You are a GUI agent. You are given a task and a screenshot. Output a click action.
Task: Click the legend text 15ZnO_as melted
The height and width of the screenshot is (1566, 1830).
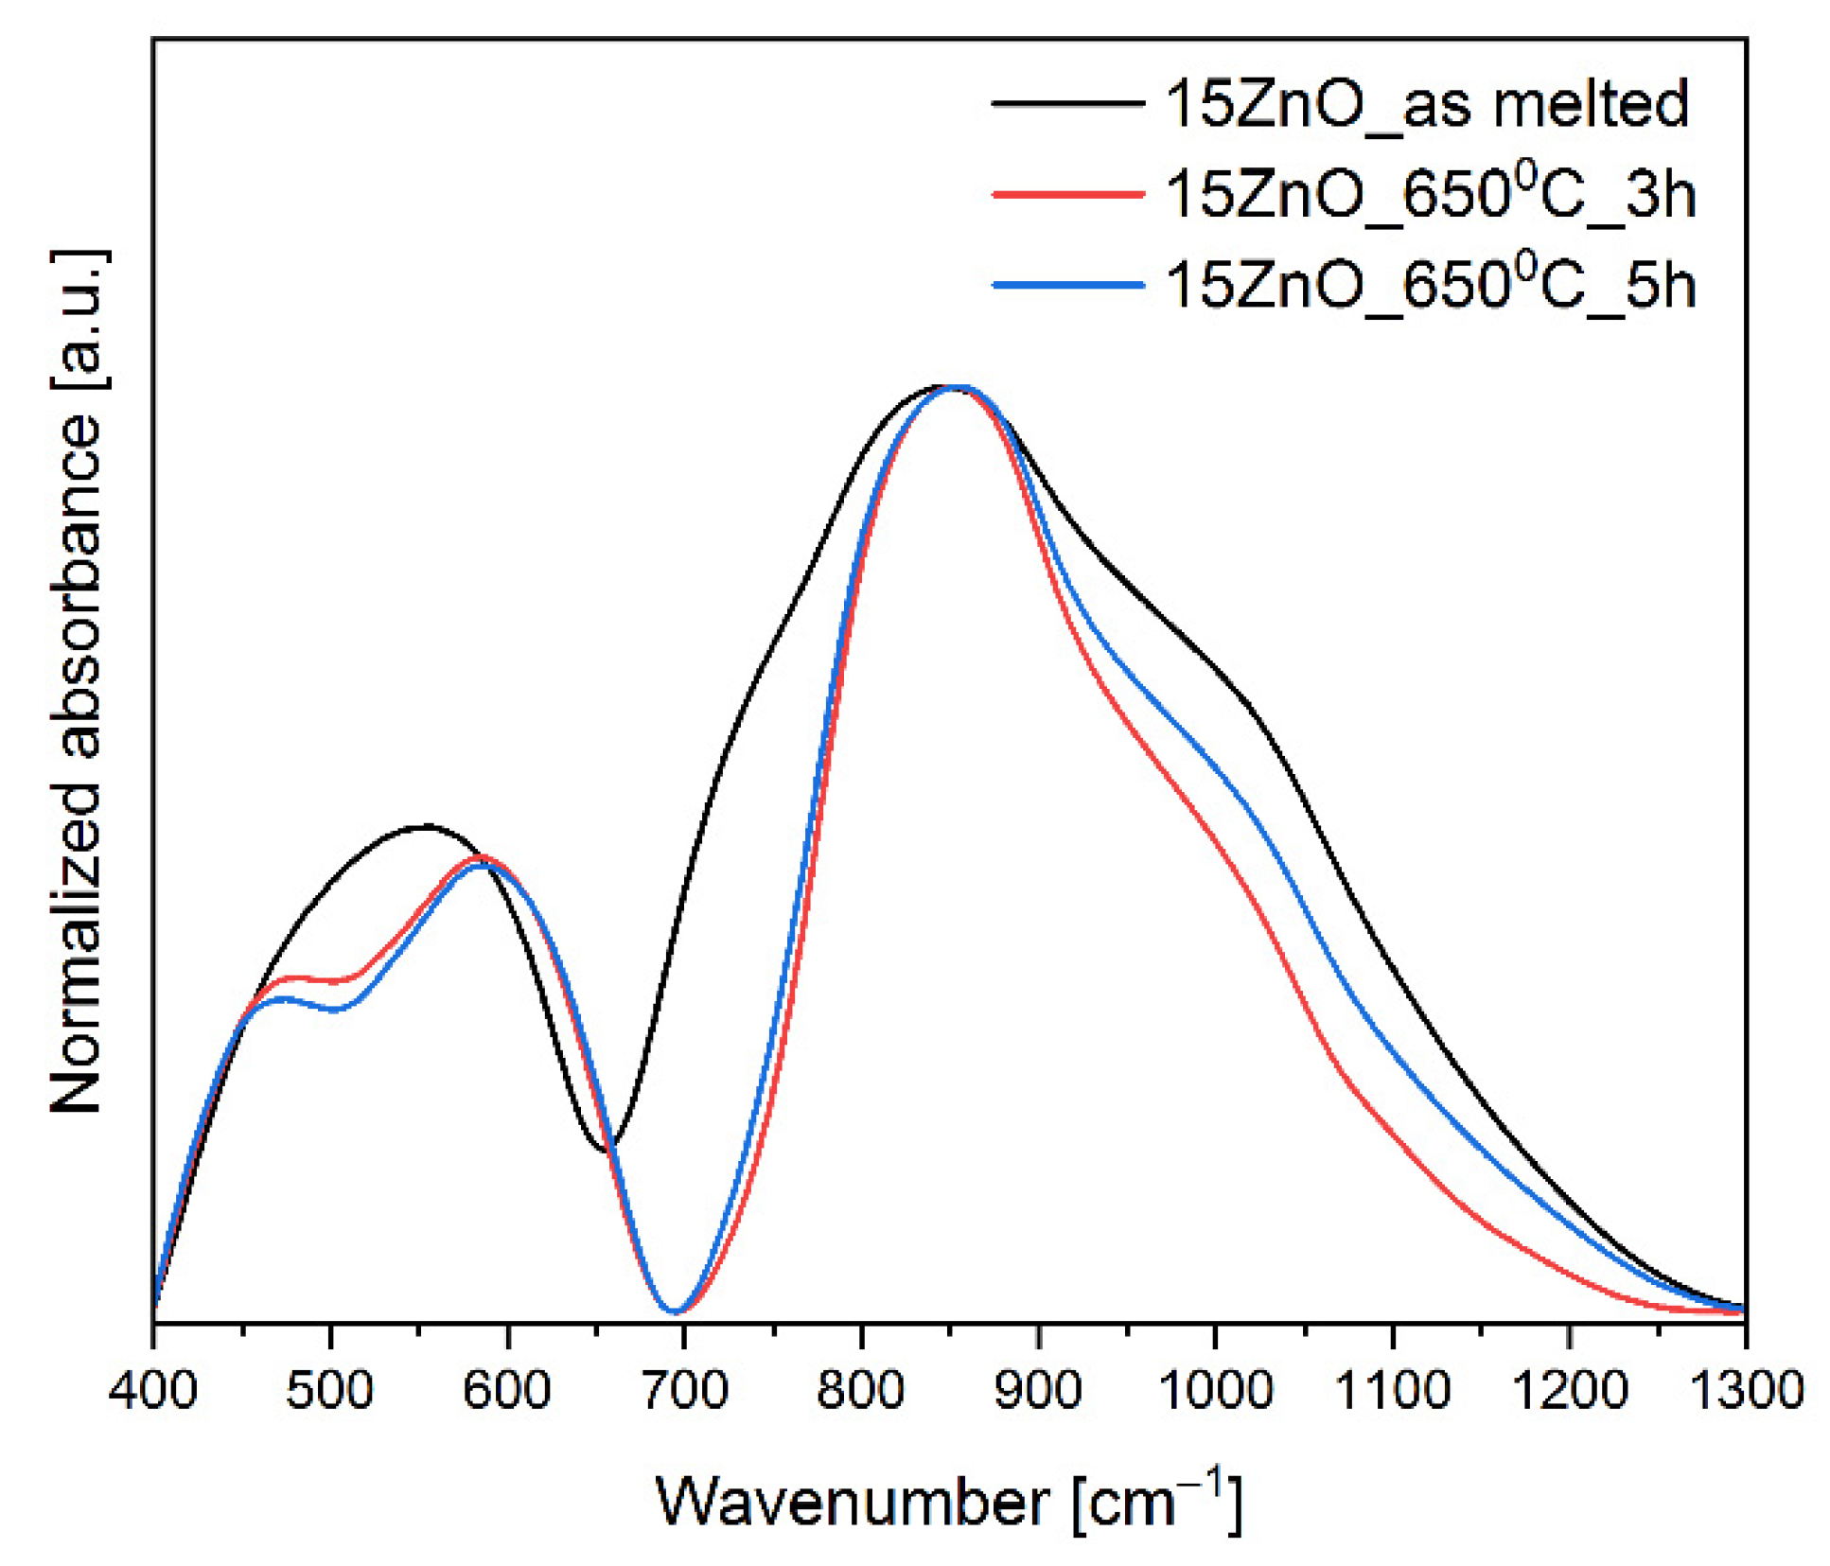click(x=1427, y=104)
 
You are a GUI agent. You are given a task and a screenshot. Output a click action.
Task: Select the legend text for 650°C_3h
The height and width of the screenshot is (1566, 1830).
click(x=1431, y=194)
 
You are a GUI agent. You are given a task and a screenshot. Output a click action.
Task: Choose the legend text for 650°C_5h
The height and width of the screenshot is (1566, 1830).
click(x=1431, y=284)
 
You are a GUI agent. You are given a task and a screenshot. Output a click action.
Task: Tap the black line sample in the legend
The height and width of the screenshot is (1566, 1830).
click(x=1068, y=102)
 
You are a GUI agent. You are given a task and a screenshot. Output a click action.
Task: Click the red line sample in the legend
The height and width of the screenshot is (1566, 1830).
click(x=1068, y=194)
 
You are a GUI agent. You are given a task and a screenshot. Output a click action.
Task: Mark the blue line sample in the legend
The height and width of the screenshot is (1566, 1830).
click(x=1068, y=284)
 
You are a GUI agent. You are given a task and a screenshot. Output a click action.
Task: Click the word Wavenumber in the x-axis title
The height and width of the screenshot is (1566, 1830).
click(x=852, y=1503)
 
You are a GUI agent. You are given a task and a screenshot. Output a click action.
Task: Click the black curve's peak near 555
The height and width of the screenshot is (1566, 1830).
click(x=428, y=826)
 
